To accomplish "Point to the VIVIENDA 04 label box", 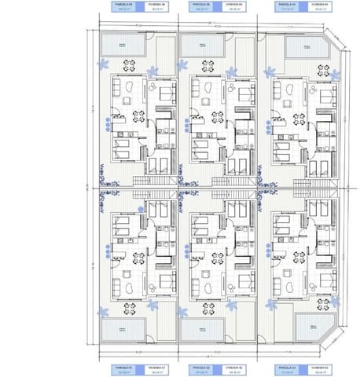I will click(317, 7).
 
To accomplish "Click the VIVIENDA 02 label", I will click(236, 368).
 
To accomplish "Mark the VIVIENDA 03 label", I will click(317, 368).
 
